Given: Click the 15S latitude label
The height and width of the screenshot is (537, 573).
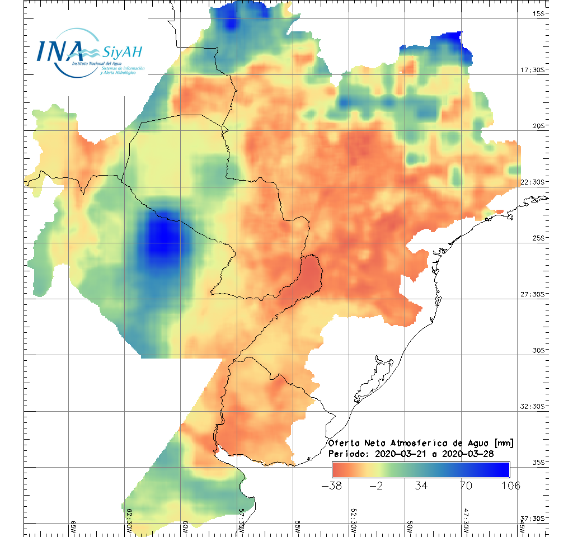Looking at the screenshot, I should [x=539, y=13].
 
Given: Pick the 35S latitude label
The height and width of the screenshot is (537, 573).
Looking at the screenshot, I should [x=539, y=462].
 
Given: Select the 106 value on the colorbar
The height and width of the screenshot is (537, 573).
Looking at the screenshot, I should [x=508, y=486].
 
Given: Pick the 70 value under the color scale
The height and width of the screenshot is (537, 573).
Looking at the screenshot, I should [x=466, y=486].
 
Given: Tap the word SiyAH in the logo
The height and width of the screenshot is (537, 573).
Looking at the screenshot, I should [x=123, y=53].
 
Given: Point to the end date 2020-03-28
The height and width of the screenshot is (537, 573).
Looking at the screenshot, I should [x=468, y=454].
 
